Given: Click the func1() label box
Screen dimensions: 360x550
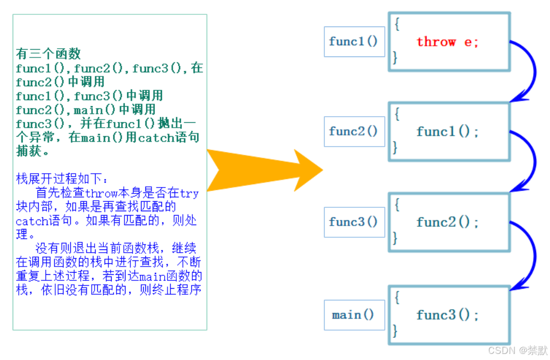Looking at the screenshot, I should pyautogui.click(x=354, y=41).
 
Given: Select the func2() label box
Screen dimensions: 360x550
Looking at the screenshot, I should pyautogui.click(x=354, y=132).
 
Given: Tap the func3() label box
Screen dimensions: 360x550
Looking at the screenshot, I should pyautogui.click(x=354, y=222).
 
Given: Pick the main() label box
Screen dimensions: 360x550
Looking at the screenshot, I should pyautogui.click(x=354, y=315).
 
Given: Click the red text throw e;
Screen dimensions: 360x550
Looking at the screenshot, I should pyautogui.click(x=447, y=42).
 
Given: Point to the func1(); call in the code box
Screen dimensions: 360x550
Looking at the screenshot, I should pyautogui.click(x=447, y=132).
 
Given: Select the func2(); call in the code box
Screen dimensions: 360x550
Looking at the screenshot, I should pyautogui.click(x=447, y=222).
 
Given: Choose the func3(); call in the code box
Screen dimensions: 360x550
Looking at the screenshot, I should pyautogui.click(x=447, y=315).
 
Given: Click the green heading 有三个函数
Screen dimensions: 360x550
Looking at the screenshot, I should pyautogui.click(x=49, y=54).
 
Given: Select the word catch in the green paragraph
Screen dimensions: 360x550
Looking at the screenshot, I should pyautogui.click(x=156, y=137).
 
